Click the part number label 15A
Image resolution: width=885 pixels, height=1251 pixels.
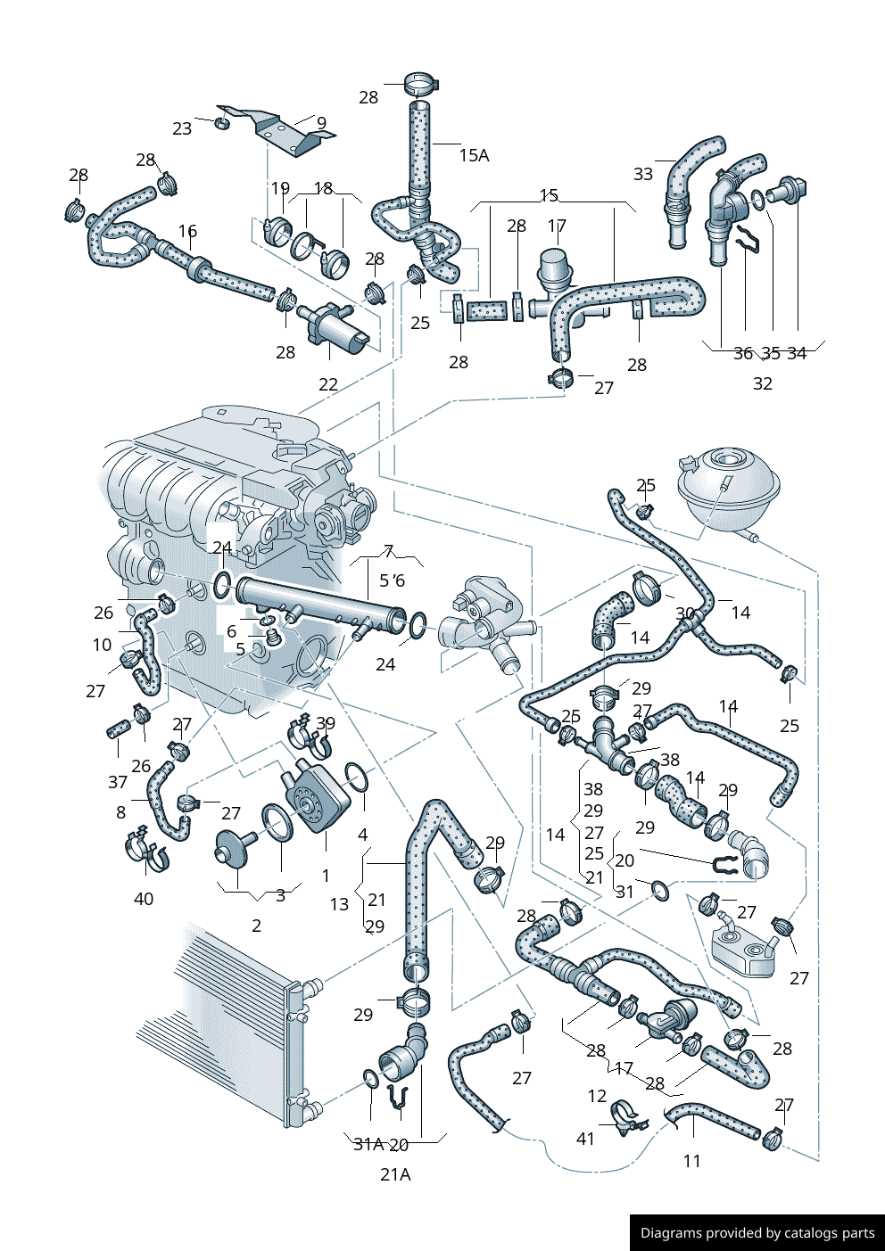[474, 155]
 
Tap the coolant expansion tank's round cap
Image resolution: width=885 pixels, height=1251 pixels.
[727, 460]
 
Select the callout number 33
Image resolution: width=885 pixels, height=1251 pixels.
[643, 174]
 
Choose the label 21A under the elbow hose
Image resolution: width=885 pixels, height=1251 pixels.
[395, 1174]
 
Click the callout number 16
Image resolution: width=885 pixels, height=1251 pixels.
[187, 231]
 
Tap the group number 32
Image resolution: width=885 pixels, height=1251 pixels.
[763, 383]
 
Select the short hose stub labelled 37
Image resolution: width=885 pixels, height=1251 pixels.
[118, 730]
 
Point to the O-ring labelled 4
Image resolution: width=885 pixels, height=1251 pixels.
[356, 778]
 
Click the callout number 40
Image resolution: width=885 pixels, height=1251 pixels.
[144, 899]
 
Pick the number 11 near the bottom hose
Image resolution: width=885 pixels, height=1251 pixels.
[692, 1161]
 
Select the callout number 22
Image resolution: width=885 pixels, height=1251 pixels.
[328, 384]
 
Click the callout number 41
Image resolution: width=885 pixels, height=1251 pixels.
[585, 1139]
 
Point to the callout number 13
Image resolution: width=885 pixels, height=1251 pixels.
[339, 904]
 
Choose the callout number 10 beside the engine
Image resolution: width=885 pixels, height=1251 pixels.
[103, 645]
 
